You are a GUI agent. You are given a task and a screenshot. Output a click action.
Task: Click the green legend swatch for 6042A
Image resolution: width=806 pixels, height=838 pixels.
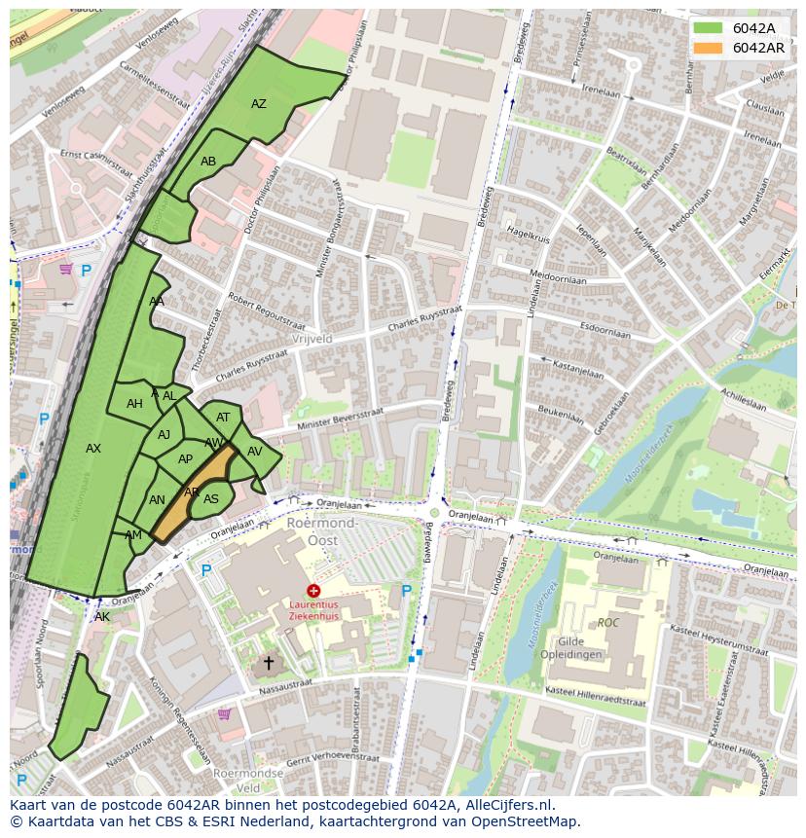point(708,28)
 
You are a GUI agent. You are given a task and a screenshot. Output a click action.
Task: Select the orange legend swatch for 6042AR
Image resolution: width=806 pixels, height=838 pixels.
point(708,48)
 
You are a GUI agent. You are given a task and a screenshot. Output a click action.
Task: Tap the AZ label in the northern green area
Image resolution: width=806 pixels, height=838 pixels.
point(259,104)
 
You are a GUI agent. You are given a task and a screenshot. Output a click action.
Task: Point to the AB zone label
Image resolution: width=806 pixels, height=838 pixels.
point(208,162)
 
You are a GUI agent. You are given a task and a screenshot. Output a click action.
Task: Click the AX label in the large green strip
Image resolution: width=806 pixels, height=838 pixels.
point(93,449)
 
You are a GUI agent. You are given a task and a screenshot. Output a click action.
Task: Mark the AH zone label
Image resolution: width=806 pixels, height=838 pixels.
point(134,404)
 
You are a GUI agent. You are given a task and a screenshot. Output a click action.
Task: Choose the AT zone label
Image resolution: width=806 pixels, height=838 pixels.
point(223,418)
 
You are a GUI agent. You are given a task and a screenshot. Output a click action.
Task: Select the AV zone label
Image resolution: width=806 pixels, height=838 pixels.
point(255,452)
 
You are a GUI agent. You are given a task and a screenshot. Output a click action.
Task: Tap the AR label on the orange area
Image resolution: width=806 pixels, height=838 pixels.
point(192,492)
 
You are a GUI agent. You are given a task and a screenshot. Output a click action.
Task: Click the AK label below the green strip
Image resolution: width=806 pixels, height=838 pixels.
point(102,617)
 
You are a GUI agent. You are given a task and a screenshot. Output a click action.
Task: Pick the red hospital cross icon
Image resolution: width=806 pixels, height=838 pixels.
point(313,591)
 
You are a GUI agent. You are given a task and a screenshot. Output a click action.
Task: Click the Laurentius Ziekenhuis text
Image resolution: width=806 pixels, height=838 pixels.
point(313,609)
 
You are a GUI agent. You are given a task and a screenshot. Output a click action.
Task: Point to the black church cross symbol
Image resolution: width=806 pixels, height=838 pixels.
point(269,663)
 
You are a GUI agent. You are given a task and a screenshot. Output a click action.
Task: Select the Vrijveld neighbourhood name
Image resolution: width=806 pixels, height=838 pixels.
point(311,339)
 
